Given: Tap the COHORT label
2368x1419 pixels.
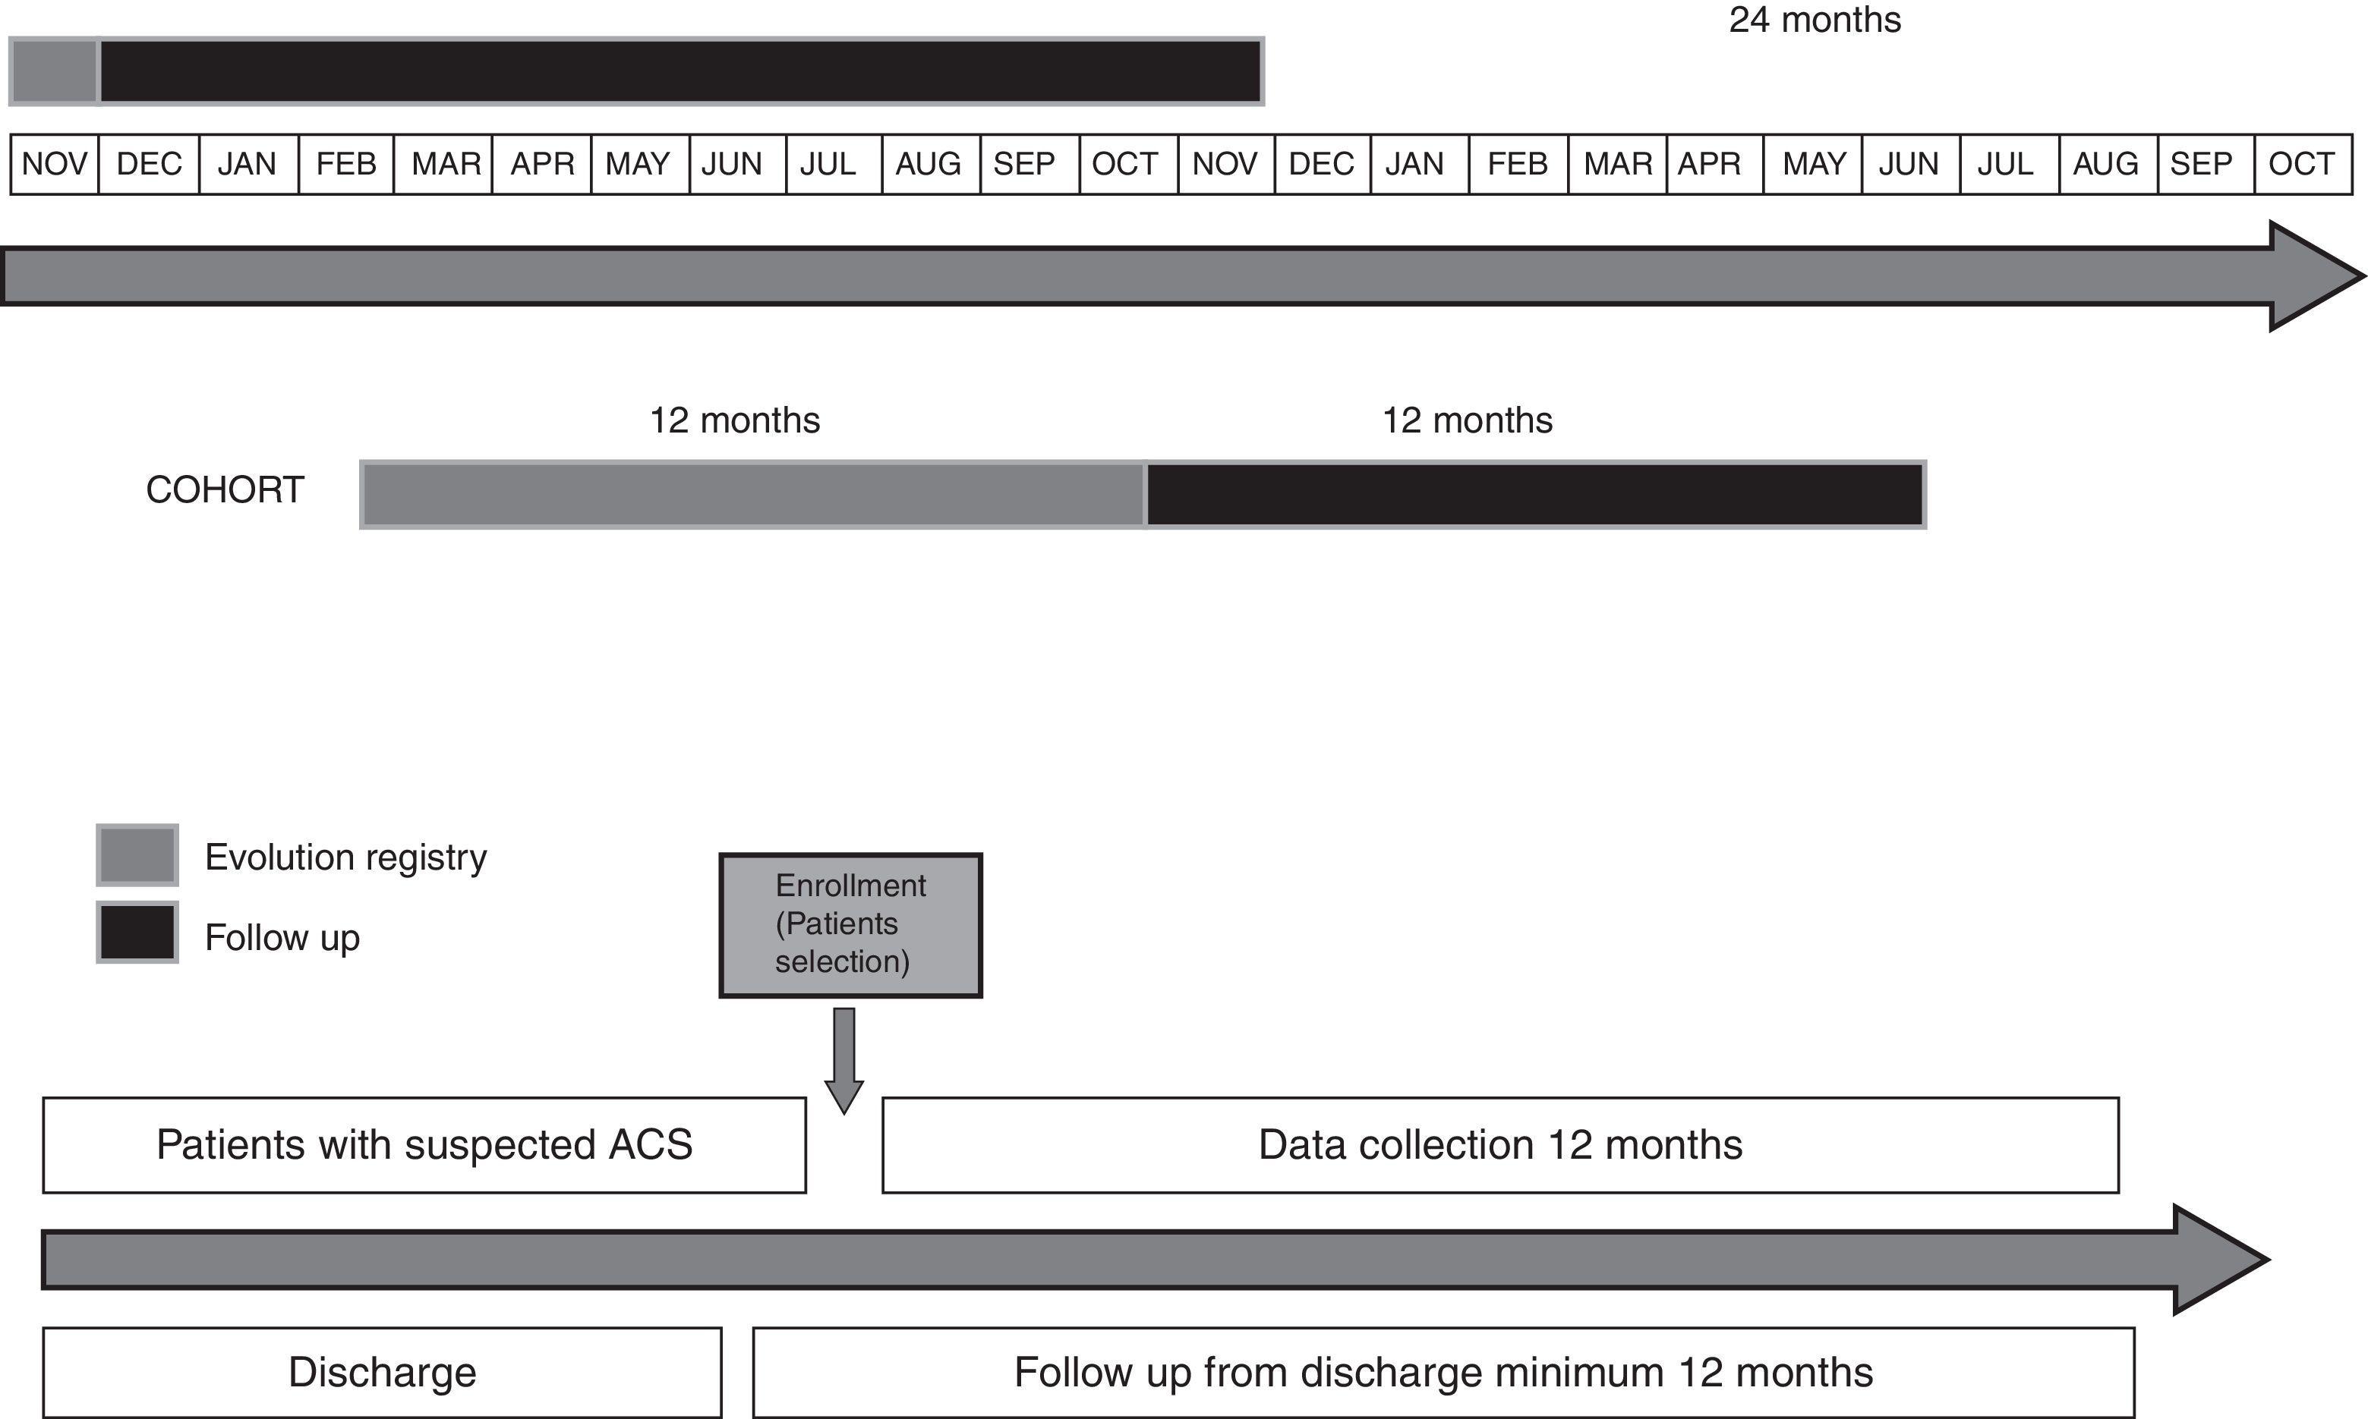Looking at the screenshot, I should click(225, 489).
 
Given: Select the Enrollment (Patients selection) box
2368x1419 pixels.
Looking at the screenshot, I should click(850, 925).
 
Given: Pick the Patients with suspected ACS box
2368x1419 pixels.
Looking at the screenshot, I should click(424, 1144).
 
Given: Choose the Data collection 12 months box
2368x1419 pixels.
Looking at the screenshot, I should click(1499, 1144).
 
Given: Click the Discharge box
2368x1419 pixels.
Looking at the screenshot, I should click(382, 1372).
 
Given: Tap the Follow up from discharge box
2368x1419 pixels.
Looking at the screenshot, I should click(1443, 1372).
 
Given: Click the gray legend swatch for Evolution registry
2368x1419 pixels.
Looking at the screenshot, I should click(137, 855).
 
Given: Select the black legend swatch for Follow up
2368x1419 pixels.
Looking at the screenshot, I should click(137, 933).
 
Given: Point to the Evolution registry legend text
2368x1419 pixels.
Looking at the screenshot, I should click(345, 857).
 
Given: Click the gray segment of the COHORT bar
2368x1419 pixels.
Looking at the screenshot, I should click(752, 494).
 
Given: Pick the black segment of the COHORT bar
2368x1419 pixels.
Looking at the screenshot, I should click(1534, 494).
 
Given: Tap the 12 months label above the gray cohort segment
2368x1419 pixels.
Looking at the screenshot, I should click(734, 420).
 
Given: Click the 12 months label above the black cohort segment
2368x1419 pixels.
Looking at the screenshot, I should click(1467, 420).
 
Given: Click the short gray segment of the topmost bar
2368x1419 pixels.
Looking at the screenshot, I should click(55, 71).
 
